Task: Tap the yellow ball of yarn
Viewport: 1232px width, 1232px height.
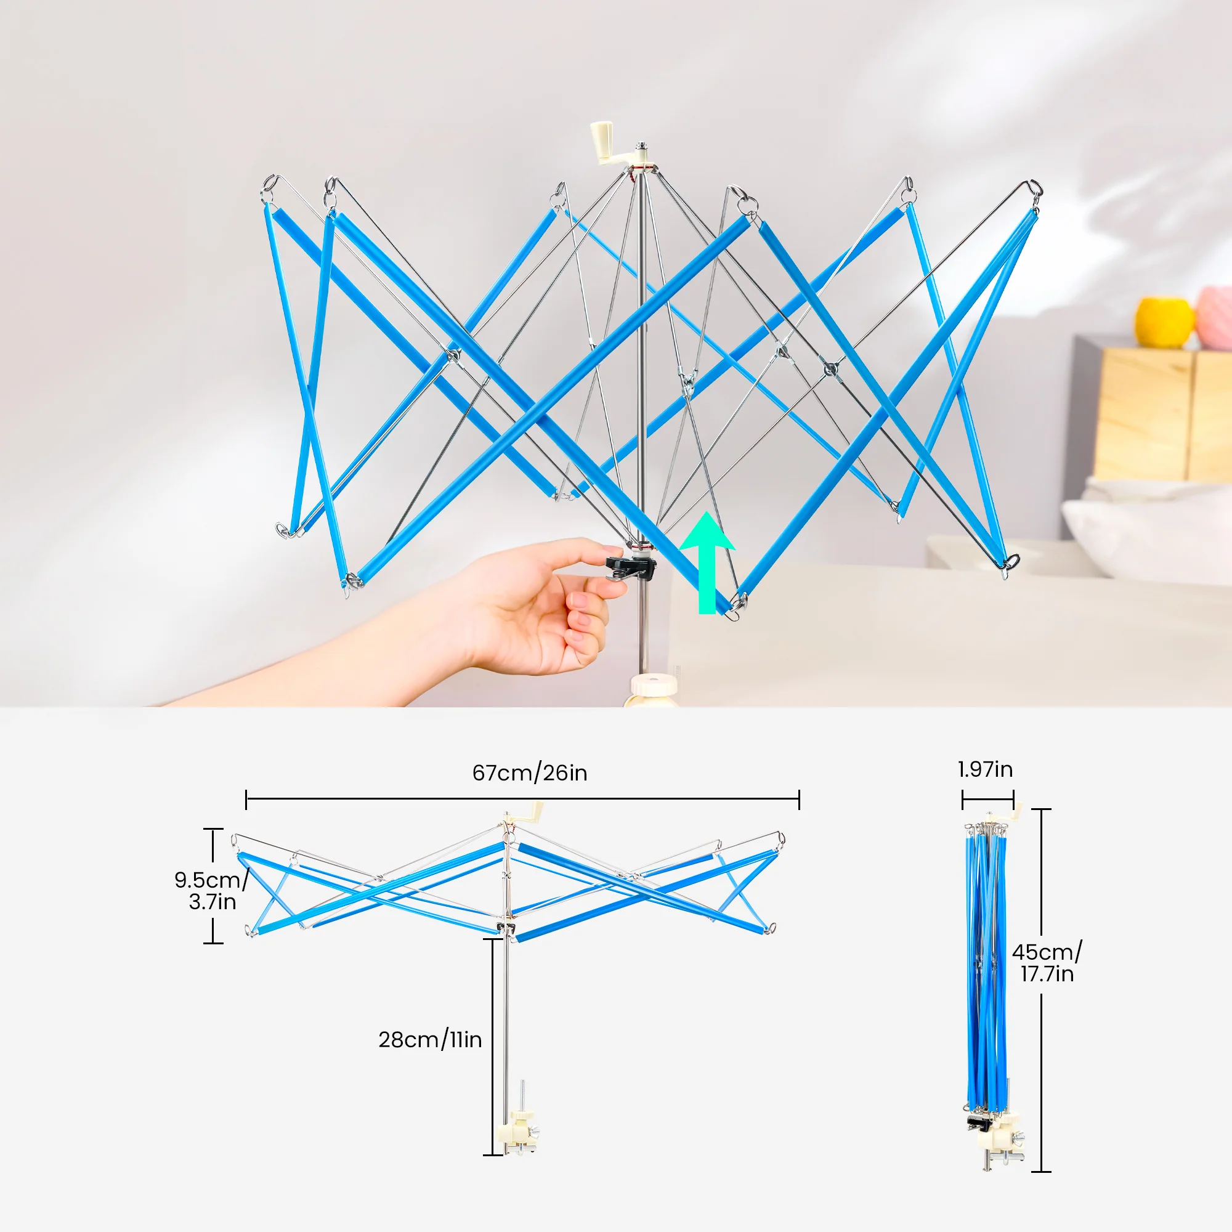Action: [1164, 322]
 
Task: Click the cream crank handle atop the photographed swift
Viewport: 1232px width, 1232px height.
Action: [603, 143]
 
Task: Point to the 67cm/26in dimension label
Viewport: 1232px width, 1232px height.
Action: [529, 773]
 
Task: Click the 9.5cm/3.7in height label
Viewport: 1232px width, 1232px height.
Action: [211, 891]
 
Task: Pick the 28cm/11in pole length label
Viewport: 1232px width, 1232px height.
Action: [430, 1040]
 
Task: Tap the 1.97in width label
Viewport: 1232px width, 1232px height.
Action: [985, 769]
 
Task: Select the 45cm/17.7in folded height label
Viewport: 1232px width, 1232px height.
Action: [1047, 963]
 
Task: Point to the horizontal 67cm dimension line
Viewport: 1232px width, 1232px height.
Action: [522, 798]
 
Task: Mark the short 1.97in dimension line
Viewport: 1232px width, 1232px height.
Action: [988, 798]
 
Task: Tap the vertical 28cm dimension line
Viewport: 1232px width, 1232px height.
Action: [493, 1047]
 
